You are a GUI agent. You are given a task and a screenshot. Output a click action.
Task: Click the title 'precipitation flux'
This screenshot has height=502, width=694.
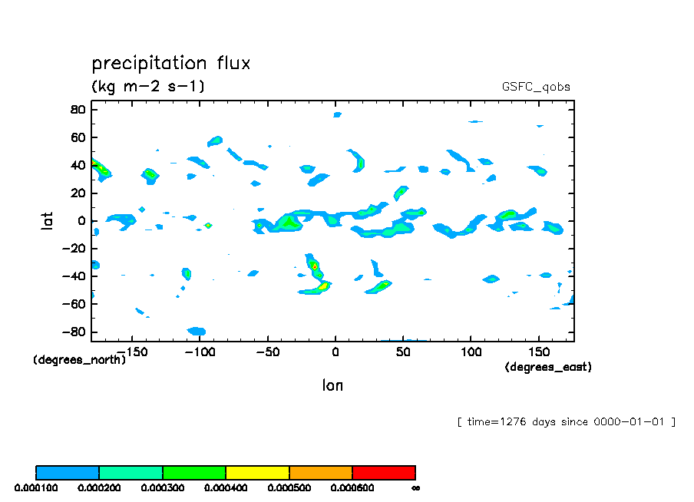click(x=170, y=63)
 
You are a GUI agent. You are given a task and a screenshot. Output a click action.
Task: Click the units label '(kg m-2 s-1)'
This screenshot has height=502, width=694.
click(x=148, y=86)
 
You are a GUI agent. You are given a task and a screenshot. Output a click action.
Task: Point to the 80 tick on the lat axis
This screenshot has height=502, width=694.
click(x=77, y=110)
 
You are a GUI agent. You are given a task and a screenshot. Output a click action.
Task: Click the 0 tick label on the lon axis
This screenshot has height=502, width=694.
click(x=335, y=352)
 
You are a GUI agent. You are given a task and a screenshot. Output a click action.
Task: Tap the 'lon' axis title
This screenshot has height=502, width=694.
click(x=332, y=385)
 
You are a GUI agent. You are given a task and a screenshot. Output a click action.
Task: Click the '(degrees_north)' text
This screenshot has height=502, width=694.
click(x=79, y=359)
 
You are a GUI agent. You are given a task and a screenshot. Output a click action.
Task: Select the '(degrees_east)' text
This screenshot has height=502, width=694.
click(x=547, y=367)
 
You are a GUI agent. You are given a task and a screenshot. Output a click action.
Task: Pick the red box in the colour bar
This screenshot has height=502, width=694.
click(x=383, y=472)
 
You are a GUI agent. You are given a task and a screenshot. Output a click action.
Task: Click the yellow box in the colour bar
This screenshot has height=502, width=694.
click(x=257, y=472)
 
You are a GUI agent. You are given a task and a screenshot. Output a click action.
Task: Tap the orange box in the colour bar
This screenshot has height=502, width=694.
click(x=320, y=472)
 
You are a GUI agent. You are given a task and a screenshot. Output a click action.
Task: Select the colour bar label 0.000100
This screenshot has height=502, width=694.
click(x=36, y=487)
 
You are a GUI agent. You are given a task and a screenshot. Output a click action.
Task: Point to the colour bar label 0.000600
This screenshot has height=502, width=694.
click(x=352, y=487)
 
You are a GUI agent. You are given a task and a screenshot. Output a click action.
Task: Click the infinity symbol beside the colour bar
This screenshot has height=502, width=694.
click(x=415, y=487)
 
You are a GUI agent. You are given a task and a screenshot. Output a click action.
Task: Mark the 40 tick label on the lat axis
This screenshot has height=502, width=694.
click(x=77, y=166)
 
